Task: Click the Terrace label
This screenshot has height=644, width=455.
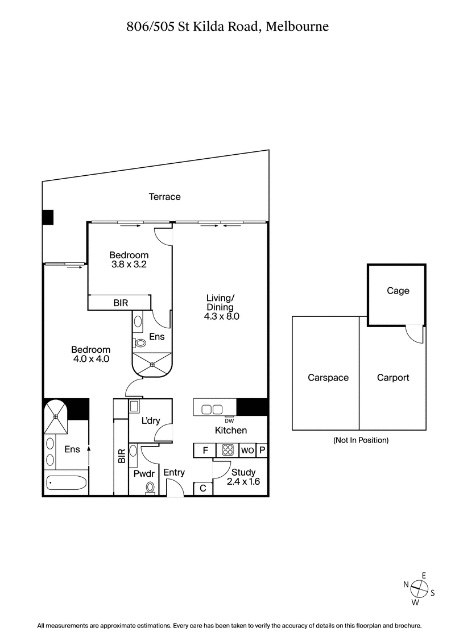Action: click(164, 197)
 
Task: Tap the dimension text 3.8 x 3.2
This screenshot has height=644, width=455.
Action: click(129, 264)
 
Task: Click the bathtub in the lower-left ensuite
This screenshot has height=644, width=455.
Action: click(67, 484)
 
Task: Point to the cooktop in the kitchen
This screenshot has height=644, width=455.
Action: click(228, 450)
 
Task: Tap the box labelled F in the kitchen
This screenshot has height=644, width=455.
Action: click(204, 450)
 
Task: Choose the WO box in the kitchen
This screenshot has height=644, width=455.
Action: click(247, 450)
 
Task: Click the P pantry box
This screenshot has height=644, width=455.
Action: click(262, 450)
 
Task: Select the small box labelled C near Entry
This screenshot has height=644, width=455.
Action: click(202, 489)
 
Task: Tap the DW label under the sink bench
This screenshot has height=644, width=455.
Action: click(228, 420)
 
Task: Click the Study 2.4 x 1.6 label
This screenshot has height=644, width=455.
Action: click(243, 477)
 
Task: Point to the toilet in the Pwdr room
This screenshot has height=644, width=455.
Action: click(150, 488)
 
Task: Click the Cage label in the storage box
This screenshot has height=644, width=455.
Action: click(398, 291)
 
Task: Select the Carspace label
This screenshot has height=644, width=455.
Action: click(328, 377)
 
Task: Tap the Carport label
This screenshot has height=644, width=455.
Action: click(393, 377)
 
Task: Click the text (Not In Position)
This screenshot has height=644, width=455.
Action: click(361, 440)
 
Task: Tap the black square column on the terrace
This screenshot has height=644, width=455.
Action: click(47, 217)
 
